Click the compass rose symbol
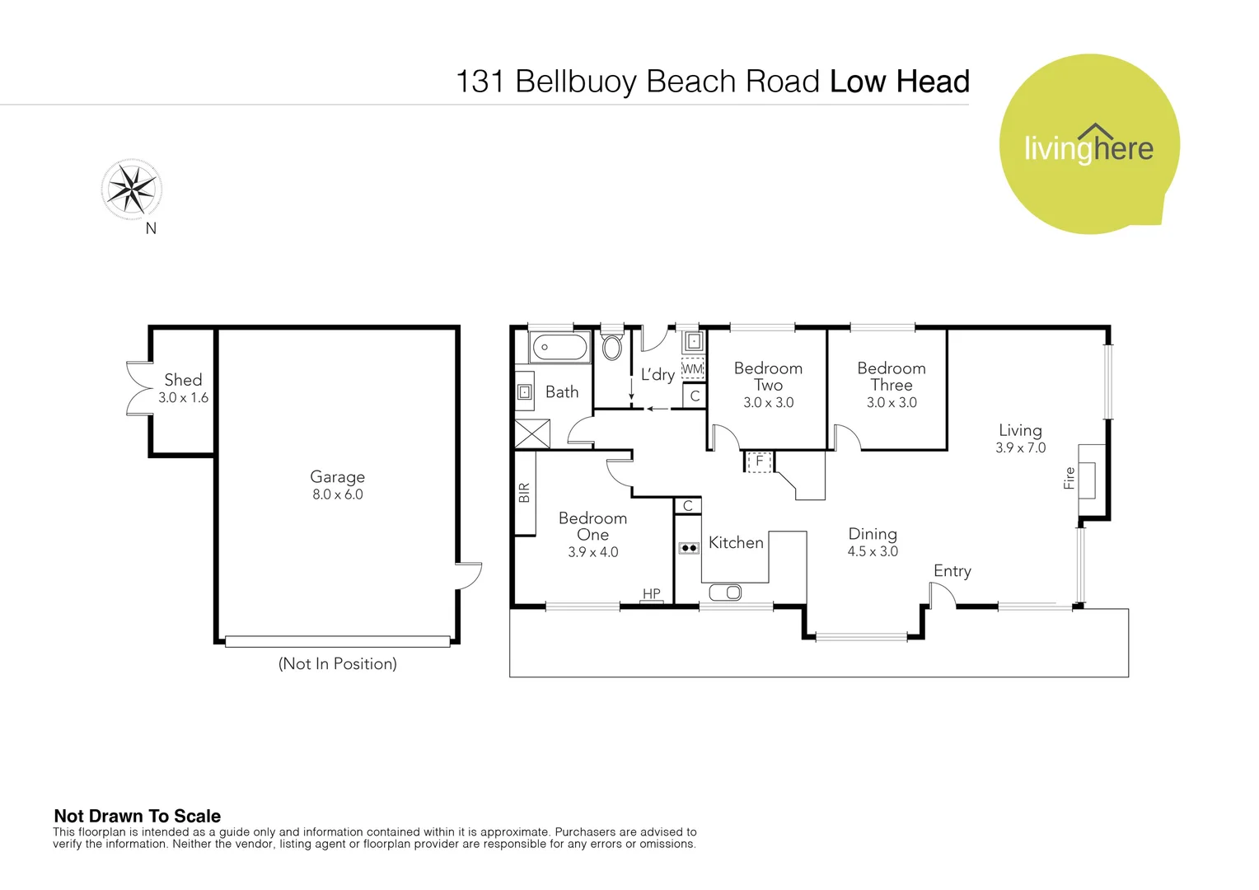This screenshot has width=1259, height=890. tap(131, 190)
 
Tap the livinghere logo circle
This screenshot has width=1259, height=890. tap(1088, 144)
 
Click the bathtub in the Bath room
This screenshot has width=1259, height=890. tap(560, 347)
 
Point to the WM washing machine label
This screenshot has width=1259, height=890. tap(693, 368)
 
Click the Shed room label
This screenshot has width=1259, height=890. tap(183, 380)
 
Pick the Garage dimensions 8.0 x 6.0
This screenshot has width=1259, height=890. tap(337, 494)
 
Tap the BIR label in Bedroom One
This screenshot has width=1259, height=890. tap(525, 493)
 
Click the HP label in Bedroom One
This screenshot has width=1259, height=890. tap(652, 593)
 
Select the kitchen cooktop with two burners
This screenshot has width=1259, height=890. tap(689, 548)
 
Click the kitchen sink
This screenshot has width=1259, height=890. tap(725, 593)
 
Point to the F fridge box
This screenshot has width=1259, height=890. tap(759, 461)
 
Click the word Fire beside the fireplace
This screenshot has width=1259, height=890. tap(1069, 478)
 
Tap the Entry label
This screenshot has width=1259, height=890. tap(952, 571)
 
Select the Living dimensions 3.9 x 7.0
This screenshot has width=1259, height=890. tap(1020, 448)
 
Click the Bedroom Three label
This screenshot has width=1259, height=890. tap(892, 377)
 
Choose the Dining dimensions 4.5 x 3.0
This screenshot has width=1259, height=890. tap(873, 552)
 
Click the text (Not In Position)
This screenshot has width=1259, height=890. tap(337, 663)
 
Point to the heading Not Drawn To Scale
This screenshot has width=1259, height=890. tap(138, 816)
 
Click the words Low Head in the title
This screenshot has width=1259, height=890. tap(899, 82)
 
